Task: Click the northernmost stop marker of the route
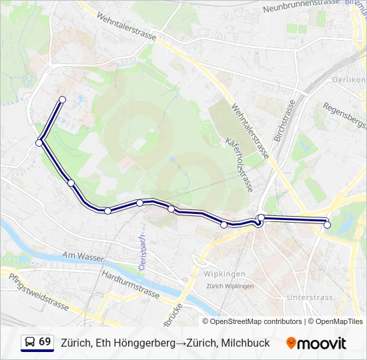[62, 99]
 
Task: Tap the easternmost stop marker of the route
[327, 225]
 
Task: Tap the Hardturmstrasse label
[131, 283]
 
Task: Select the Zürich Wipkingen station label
[230, 286]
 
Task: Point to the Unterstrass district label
[305, 297]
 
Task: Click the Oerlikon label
[348, 80]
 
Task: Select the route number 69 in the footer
[45, 342]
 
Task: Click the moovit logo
[316, 343]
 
